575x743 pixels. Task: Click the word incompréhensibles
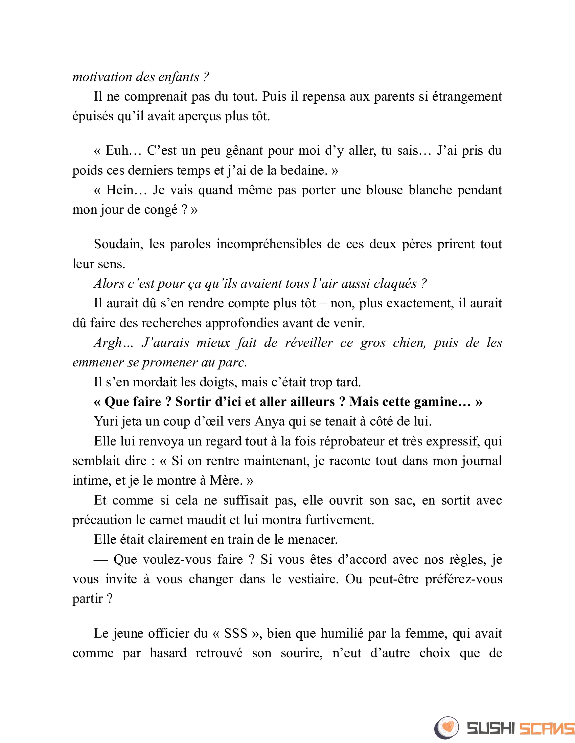tap(269, 244)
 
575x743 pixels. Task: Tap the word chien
tap(409, 342)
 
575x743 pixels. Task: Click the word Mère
tap(226, 480)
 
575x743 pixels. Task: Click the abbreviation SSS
tap(236, 634)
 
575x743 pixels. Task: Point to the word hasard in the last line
tap(168, 653)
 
